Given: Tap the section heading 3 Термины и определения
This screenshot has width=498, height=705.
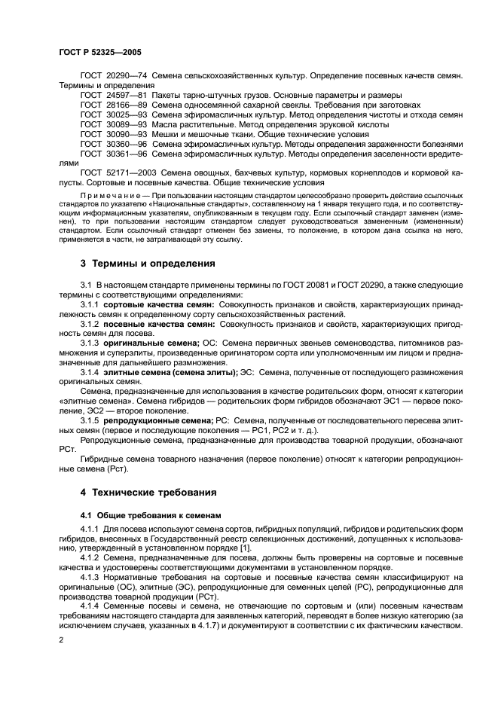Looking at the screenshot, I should (x=148, y=264).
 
